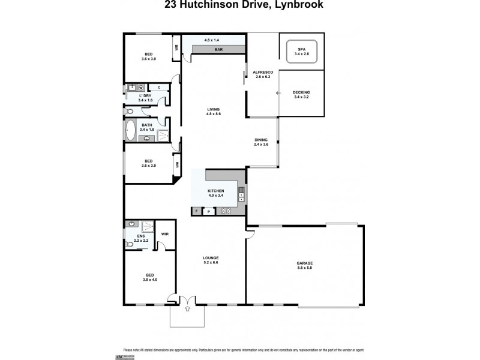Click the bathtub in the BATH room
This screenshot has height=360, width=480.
131,129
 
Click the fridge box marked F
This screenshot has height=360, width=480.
196,211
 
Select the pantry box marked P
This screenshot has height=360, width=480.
208,211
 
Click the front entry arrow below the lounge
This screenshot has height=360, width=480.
187,308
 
